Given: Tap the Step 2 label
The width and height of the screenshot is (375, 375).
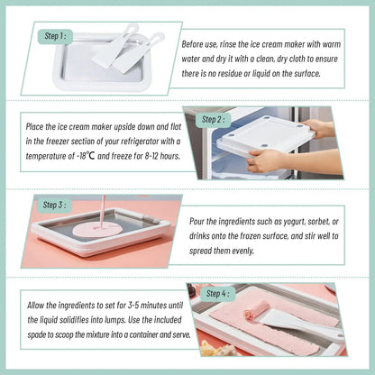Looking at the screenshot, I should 213,118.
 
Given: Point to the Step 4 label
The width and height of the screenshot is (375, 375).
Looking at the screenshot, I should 216,293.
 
